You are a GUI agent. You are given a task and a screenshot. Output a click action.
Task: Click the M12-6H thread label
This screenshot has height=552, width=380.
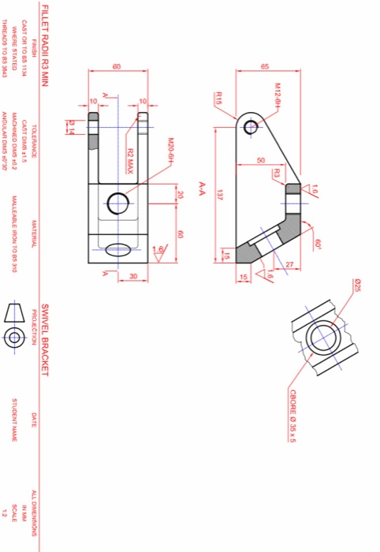[x=278, y=94]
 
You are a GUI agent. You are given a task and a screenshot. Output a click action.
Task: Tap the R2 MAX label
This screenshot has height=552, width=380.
[x=130, y=158]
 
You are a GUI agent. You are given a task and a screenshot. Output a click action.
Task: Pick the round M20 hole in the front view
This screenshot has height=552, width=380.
[x=118, y=203]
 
